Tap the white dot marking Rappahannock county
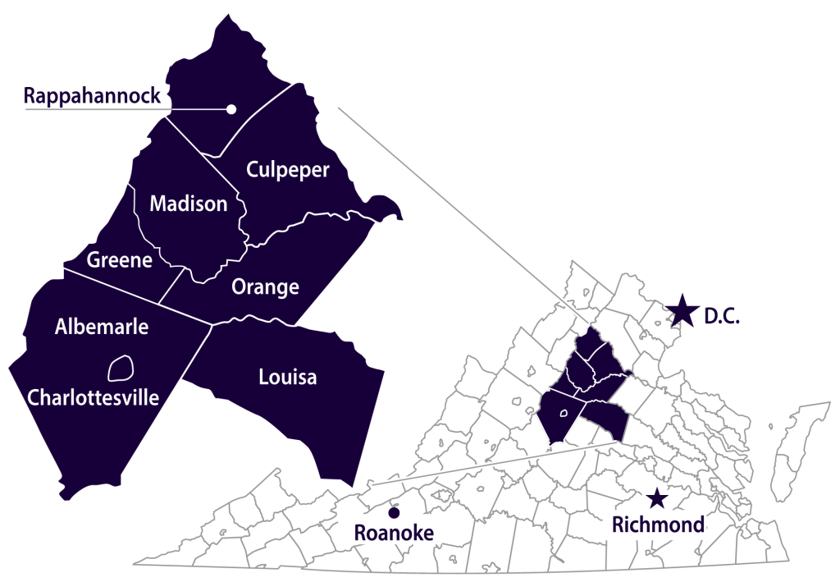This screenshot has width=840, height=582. coord(231,109)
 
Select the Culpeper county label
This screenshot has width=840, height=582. coord(287,170)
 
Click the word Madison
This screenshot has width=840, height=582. coord(188,204)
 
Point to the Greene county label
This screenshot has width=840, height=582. coord(120,260)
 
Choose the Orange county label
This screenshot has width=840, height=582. coord(265,287)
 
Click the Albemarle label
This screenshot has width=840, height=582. coord(102,327)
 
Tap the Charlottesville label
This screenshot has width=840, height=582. coord(93,397)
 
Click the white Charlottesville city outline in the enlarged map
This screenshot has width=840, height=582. coord(121,367)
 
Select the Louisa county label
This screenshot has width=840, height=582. coord(287,378)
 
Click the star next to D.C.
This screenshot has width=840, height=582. coord(681,310)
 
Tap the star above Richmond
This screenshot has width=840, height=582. coord(656,498)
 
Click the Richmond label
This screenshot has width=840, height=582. coord(655,524)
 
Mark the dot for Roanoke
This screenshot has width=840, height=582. coord(394,513)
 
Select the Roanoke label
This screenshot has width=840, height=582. coord(393,533)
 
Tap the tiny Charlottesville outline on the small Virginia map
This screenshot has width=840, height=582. coord(563,415)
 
